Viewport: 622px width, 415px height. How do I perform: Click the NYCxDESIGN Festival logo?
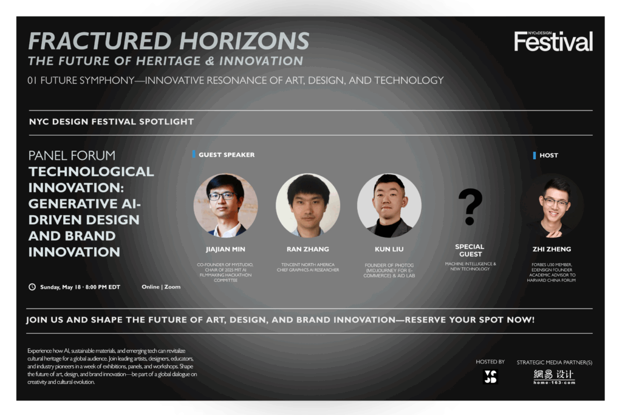coord(553,41)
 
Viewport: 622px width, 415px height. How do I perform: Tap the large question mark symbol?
coord(470,207)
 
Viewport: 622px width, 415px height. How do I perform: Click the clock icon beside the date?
coord(32,287)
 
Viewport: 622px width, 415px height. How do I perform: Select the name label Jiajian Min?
coord(225,249)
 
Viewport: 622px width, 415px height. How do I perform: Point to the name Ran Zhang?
coord(308,249)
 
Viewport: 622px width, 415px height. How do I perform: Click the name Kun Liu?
coord(389,249)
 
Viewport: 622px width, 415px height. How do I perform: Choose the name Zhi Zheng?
coord(552,249)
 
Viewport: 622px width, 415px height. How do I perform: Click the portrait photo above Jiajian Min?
coord(226,205)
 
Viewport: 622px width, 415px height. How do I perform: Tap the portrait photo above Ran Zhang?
coord(308,205)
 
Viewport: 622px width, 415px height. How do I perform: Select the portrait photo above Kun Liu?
coord(389,205)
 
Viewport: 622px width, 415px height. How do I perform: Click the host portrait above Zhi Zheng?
coord(552,205)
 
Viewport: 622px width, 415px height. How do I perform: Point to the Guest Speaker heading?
coord(227,155)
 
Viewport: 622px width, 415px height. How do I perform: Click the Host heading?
coord(549,155)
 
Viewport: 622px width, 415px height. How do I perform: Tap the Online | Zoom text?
coord(161,287)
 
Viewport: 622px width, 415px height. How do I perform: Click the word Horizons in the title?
coord(244,41)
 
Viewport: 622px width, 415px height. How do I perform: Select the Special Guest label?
coord(470,250)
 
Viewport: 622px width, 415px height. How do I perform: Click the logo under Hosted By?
coord(491,377)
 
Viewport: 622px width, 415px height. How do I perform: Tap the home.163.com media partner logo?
coord(554,377)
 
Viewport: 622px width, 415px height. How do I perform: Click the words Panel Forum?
coord(72,155)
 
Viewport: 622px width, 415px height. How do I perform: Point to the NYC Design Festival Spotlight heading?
coord(112,122)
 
